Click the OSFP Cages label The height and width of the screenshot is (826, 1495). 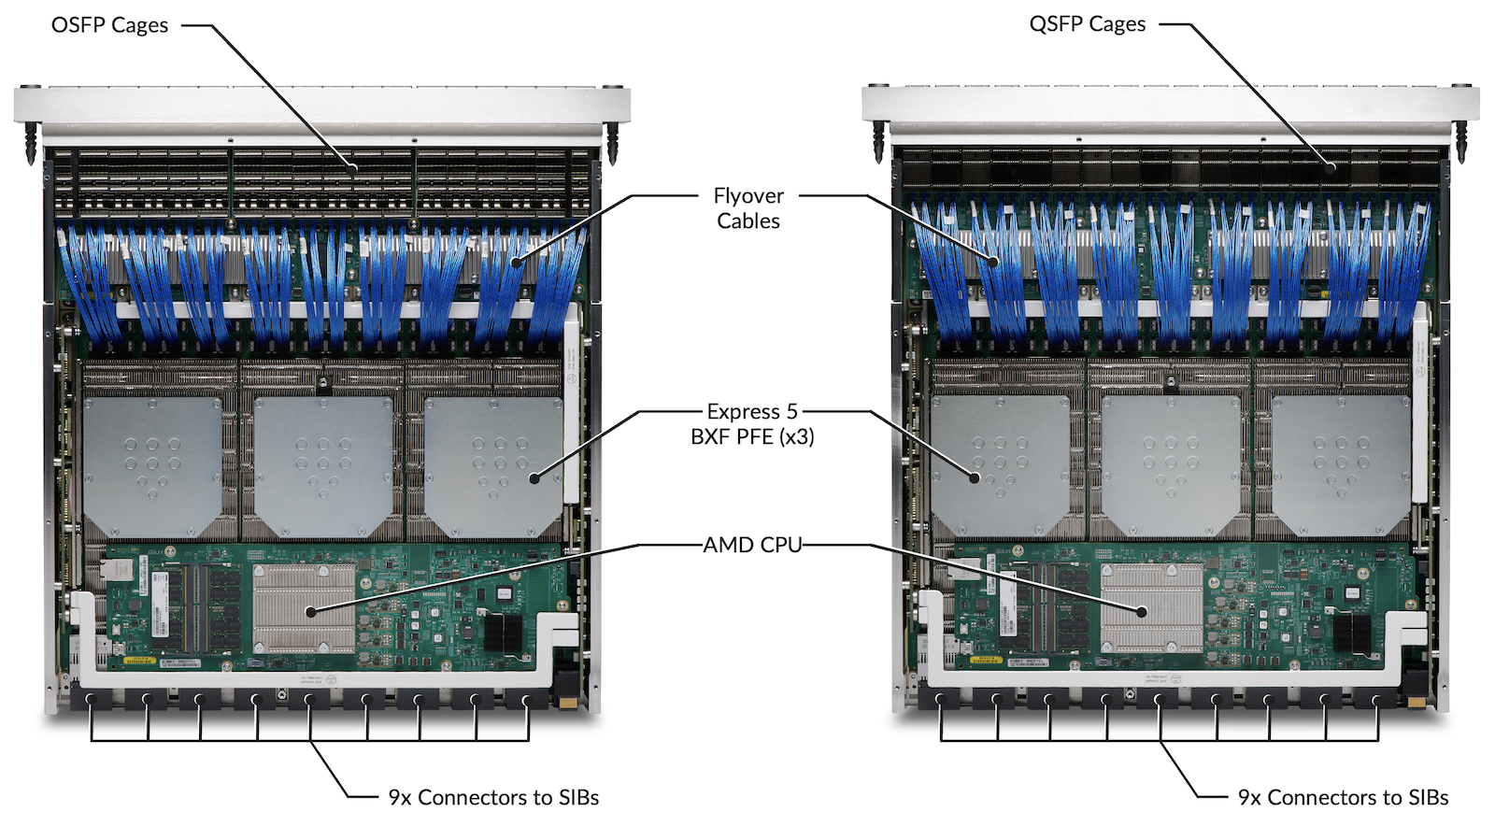(x=109, y=25)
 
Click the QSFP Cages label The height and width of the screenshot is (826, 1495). (x=1087, y=24)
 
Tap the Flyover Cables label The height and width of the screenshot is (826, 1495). (x=748, y=208)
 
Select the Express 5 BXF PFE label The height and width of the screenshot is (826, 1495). (x=752, y=424)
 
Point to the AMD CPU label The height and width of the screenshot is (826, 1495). (x=752, y=545)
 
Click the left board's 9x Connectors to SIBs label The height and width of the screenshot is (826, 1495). (x=493, y=797)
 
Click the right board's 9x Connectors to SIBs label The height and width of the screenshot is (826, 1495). (x=1343, y=797)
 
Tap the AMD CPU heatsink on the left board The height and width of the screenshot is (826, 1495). (x=304, y=608)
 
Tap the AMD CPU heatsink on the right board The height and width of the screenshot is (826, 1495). (x=1151, y=608)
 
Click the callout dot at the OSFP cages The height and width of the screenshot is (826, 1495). (x=354, y=168)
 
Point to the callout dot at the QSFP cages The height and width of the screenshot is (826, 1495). (x=1331, y=168)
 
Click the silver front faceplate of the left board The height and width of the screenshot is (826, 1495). (x=322, y=105)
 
